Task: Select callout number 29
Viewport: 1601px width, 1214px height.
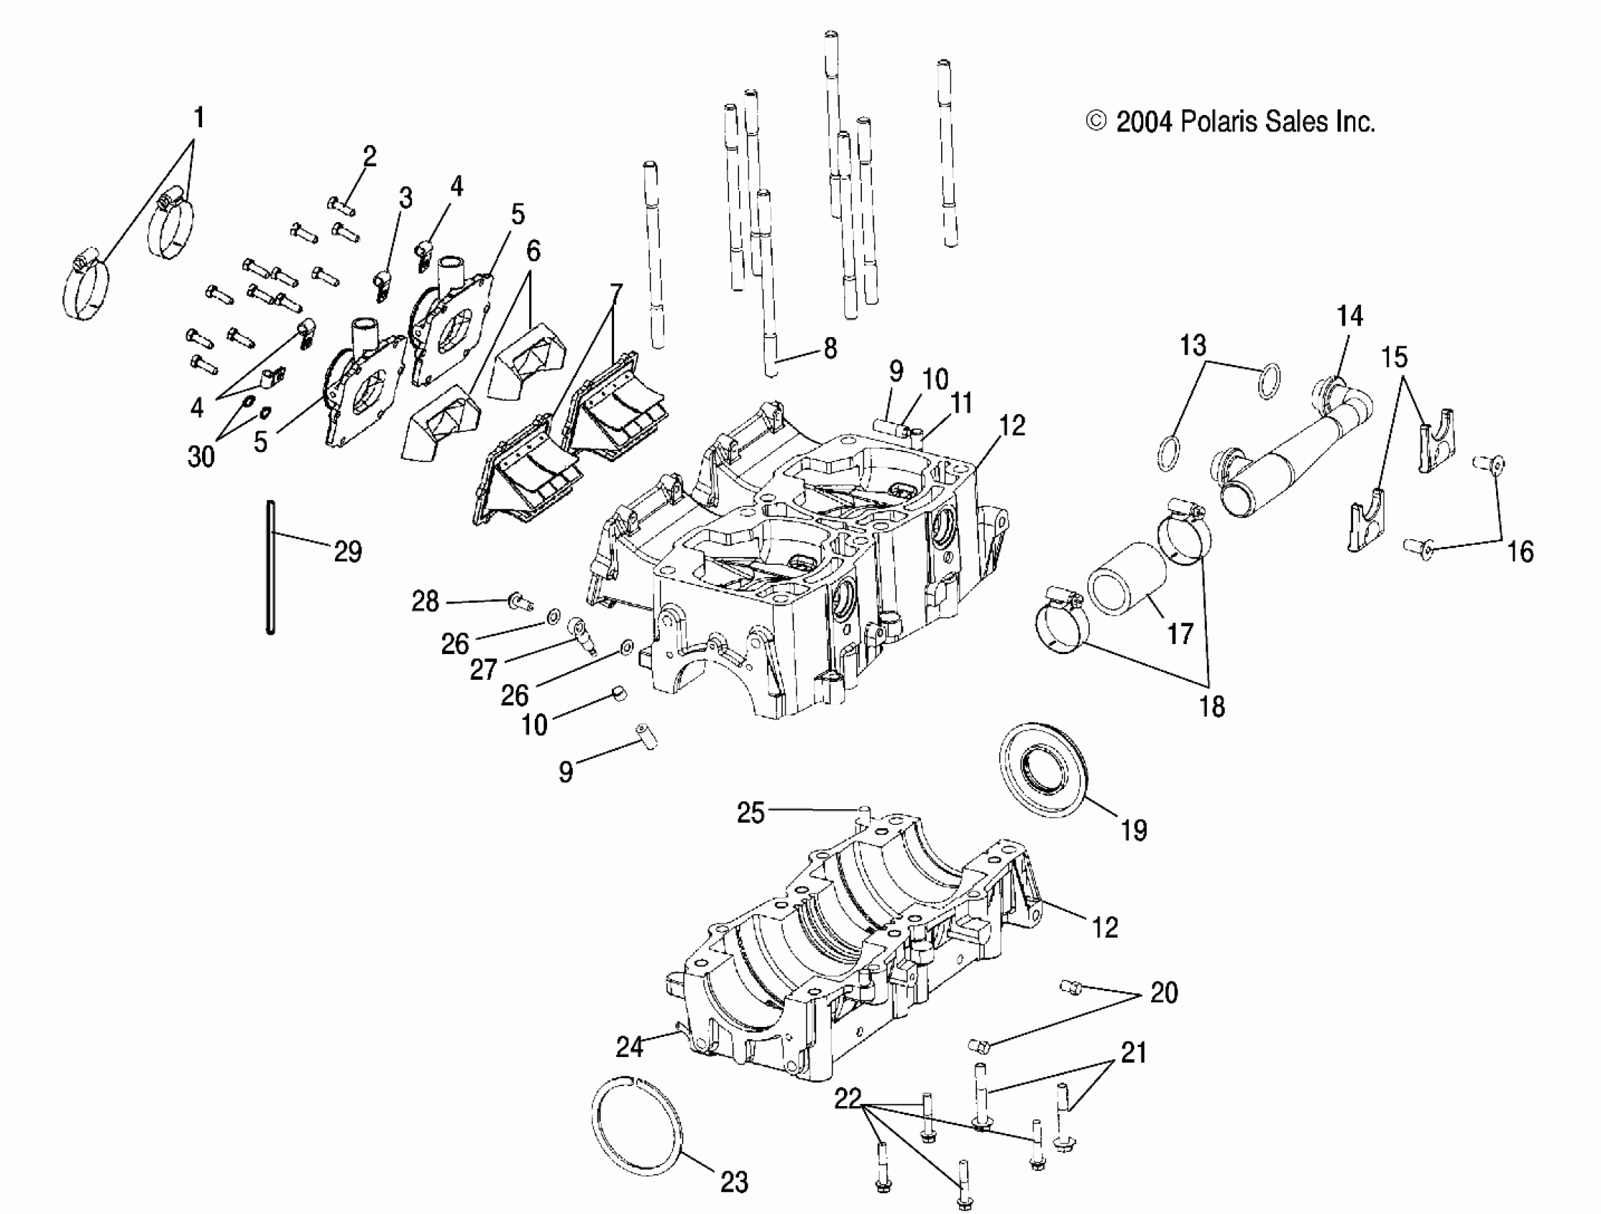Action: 348,551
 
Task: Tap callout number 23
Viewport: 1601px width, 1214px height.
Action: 734,1183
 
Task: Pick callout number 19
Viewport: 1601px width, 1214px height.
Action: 1133,831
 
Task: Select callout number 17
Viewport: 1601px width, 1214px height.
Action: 1180,634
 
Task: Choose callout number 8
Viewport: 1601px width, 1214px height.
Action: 830,349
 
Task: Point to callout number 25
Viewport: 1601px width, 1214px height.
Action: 751,813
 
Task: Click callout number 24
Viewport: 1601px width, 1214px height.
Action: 629,1046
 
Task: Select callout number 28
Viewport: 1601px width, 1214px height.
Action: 426,601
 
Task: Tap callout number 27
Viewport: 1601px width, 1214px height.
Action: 483,670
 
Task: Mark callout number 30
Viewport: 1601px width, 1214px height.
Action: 201,456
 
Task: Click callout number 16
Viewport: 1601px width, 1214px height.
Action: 1520,551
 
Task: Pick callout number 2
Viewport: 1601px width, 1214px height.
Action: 370,156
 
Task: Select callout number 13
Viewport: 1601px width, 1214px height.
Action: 1193,346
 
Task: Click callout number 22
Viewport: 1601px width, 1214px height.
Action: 848,1099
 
